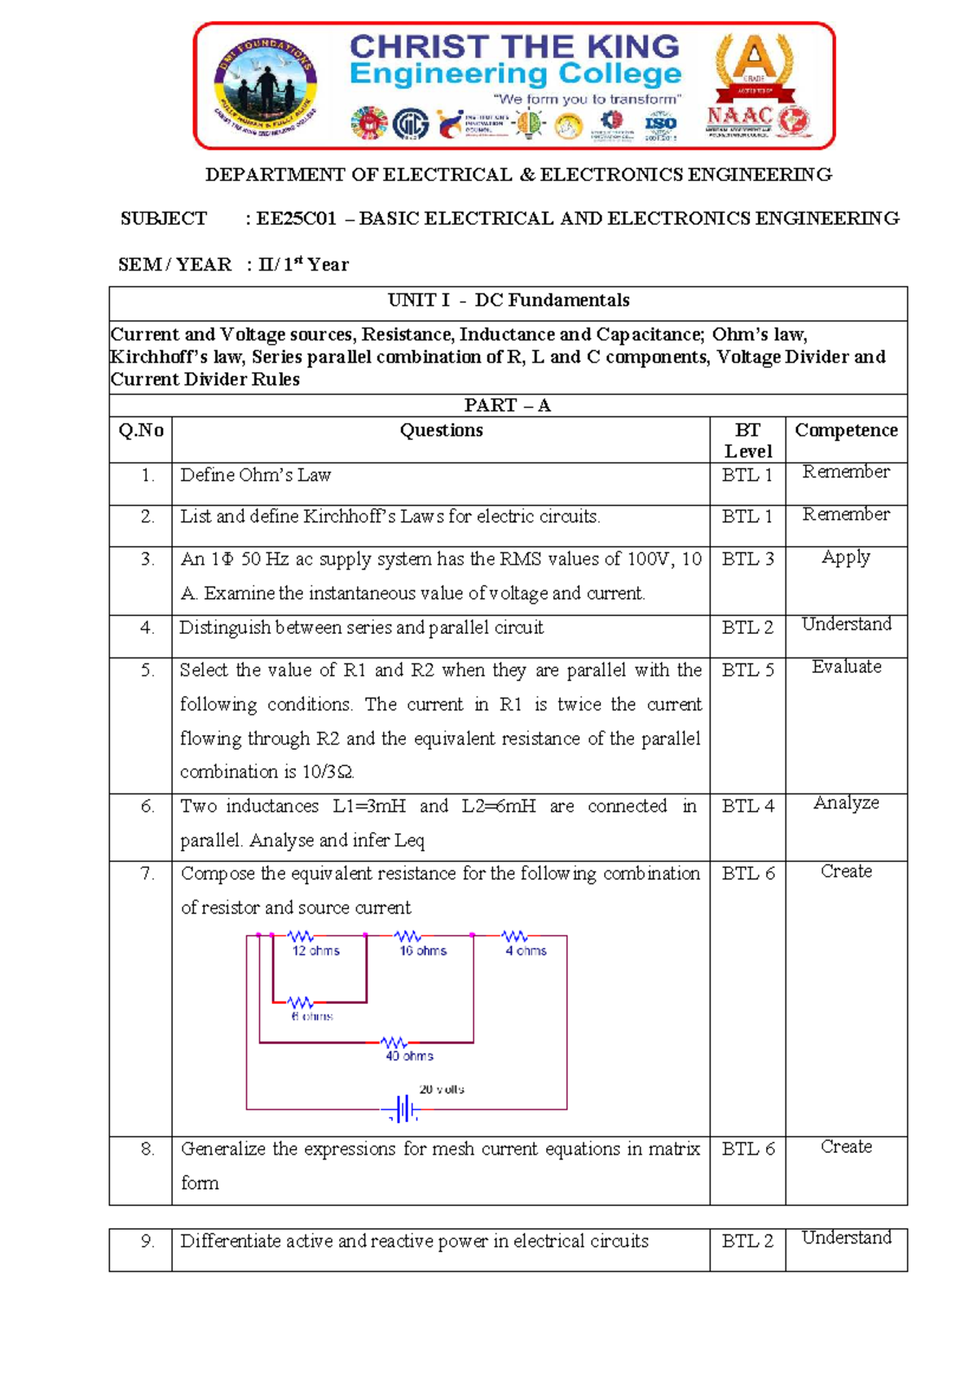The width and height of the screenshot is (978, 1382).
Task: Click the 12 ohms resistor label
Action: pos(316,951)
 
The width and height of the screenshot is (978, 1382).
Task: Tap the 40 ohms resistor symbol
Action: pos(394,1042)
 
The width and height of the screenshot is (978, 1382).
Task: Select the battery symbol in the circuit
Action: pos(403,1109)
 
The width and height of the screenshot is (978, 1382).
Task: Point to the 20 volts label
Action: pos(442,1089)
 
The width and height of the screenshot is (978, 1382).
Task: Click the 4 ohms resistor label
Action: pos(526,951)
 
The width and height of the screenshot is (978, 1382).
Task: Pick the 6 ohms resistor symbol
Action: pos(300,1001)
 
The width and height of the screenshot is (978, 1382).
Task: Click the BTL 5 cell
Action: pos(747,671)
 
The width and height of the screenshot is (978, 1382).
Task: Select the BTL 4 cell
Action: pos(747,807)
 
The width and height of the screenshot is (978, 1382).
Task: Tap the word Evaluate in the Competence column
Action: pos(846,667)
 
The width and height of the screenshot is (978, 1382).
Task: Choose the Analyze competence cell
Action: pos(846,803)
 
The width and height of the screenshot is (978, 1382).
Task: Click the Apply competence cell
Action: pos(846,557)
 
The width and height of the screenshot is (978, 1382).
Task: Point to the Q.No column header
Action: pos(141,431)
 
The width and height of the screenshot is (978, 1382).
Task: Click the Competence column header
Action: pos(846,431)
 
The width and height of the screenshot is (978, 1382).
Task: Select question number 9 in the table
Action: pos(148,1242)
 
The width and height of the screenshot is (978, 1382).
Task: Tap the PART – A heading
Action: pos(508,406)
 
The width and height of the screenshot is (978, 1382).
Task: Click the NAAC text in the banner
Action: pos(739,117)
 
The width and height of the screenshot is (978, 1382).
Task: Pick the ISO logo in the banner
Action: pos(660,124)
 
